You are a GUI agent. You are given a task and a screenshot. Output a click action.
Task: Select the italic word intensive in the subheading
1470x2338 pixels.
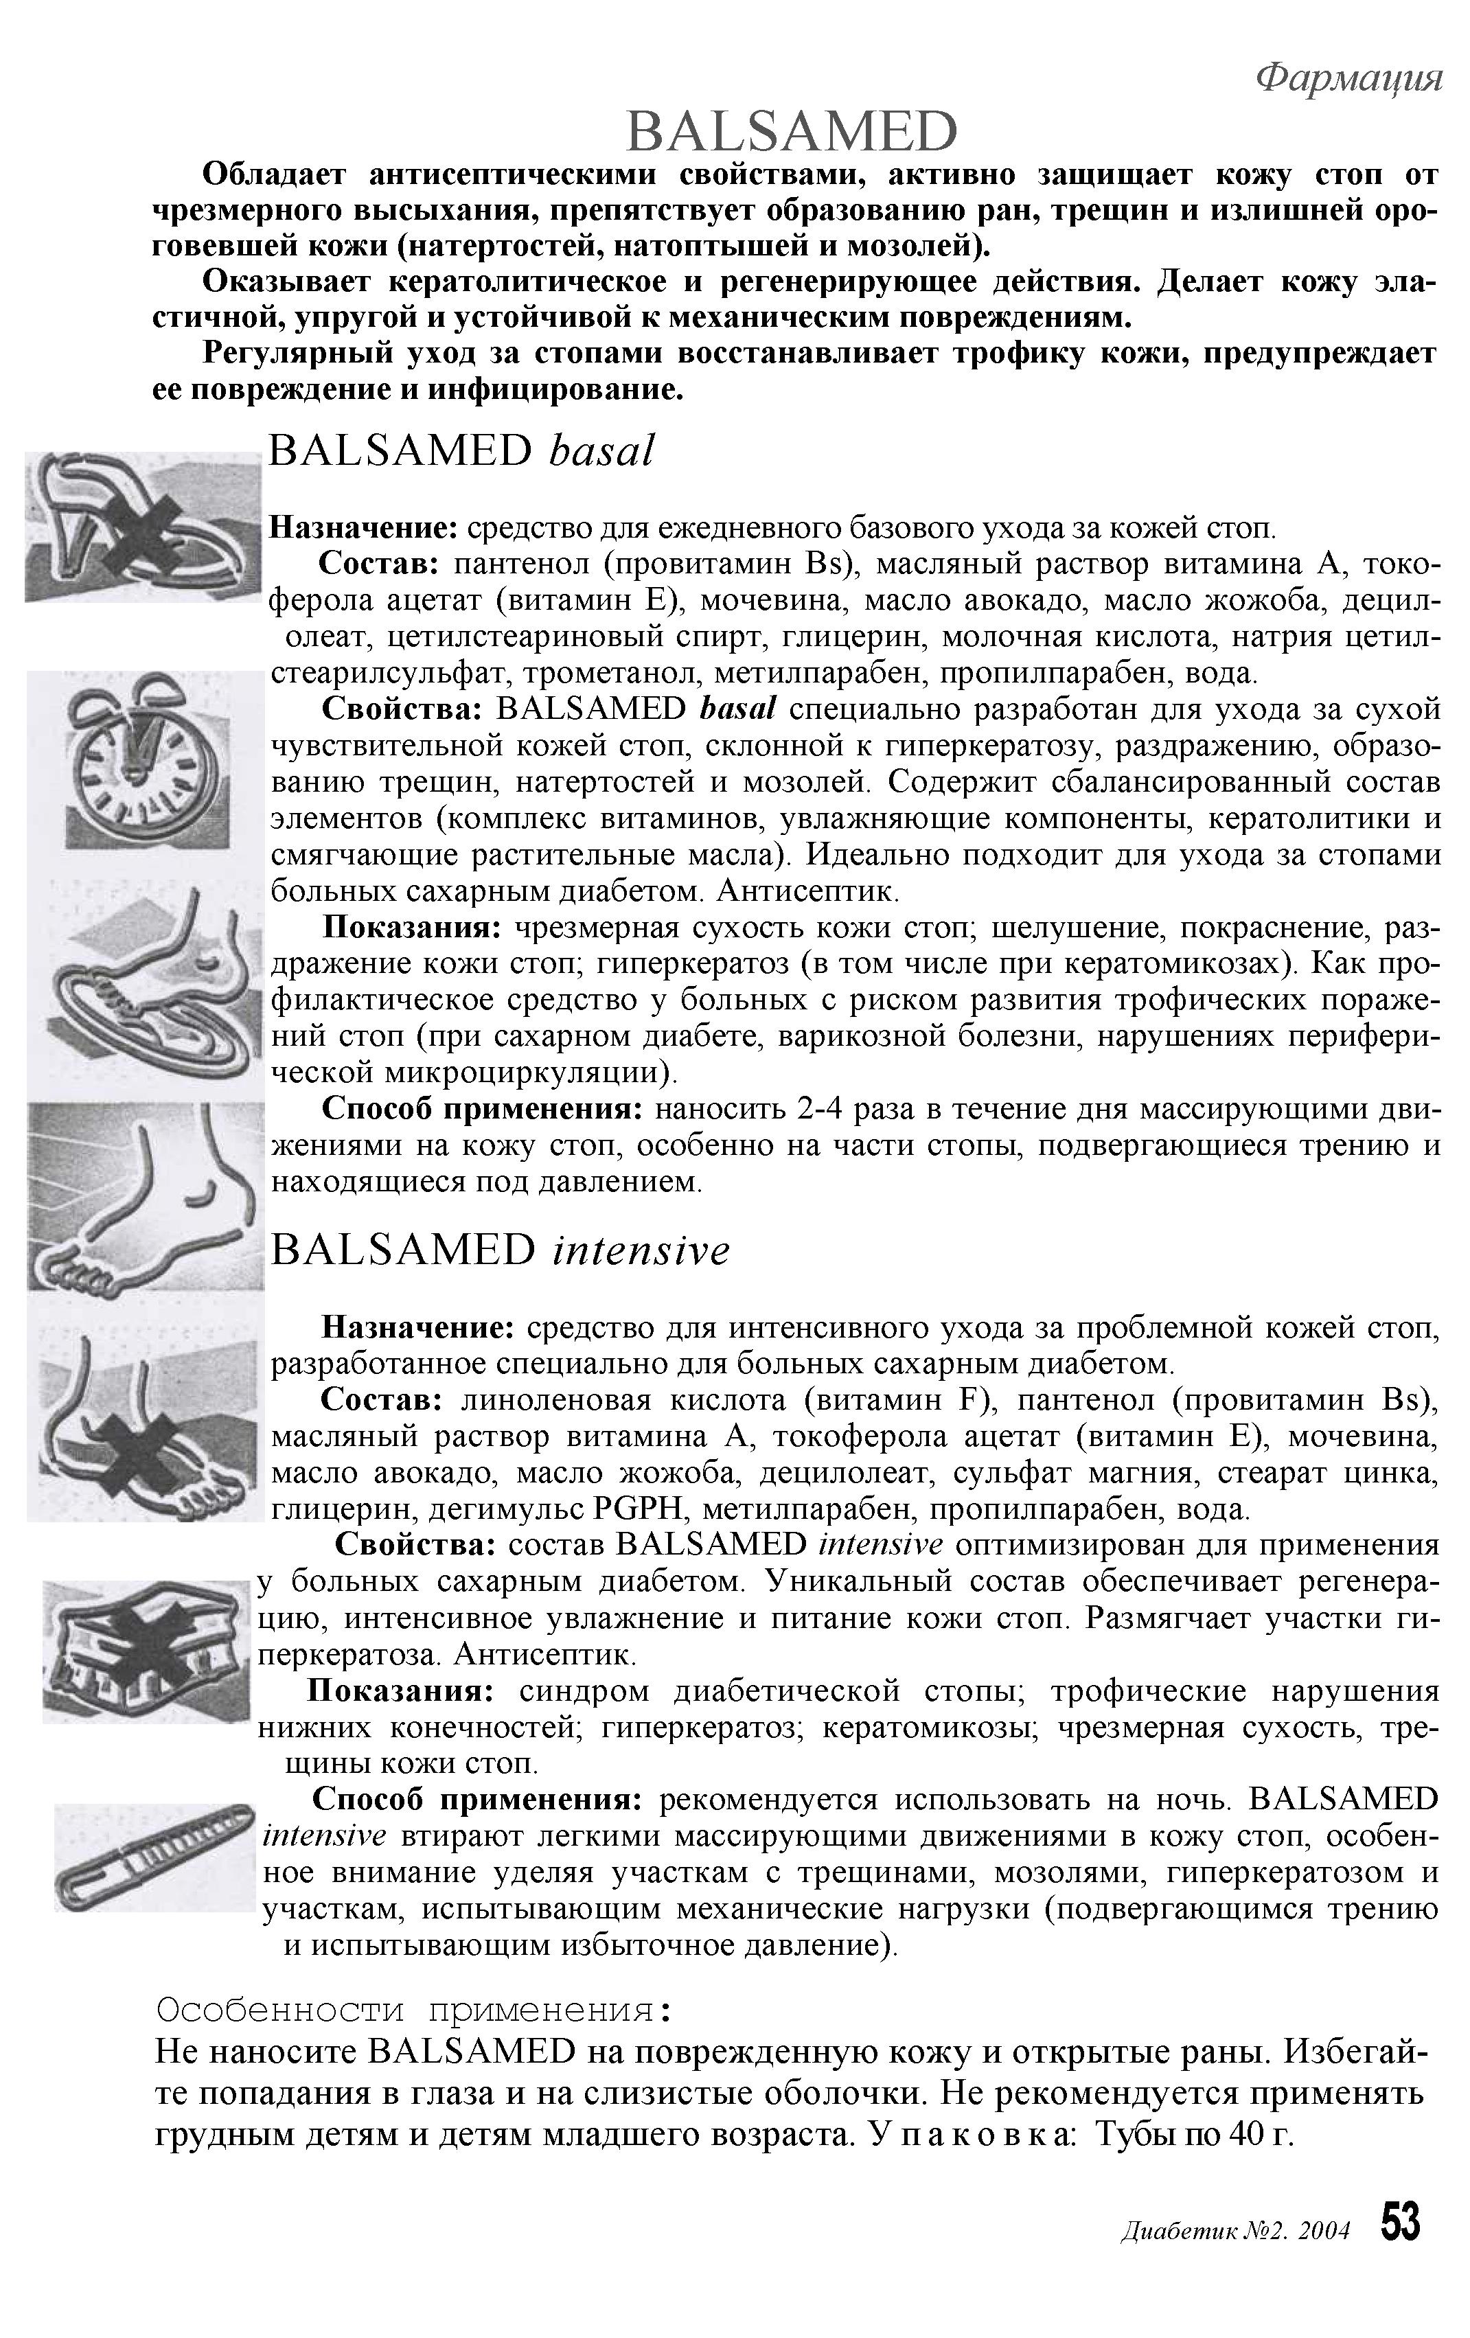[x=640, y=1250]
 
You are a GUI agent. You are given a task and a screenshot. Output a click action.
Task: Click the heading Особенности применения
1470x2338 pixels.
[x=413, y=2008]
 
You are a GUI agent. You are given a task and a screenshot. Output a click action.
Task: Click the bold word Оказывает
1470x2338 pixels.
[x=286, y=282]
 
